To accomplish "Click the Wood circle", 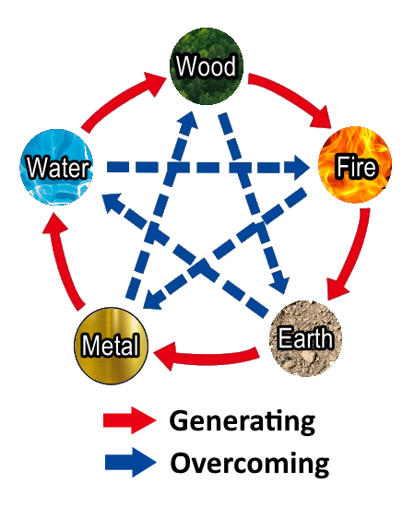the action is coord(207,66).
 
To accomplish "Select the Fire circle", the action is coord(355,165).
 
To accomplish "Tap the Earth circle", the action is coord(305,338).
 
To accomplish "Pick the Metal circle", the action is coord(111,346).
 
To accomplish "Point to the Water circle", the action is coord(56,168).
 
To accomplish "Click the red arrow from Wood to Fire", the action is coord(292,95).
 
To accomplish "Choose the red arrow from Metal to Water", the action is coord(62,262).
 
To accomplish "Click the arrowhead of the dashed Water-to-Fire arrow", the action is coord(302,168).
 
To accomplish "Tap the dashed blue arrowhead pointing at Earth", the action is coord(279,284).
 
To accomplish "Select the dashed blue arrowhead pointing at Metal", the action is coord(152,300).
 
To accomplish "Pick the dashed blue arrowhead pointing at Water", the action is coord(112,203).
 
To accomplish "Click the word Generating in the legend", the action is coord(243,421).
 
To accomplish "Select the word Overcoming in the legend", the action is coord(250,464).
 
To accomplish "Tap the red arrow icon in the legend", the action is coord(130,420).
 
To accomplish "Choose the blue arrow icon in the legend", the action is coord(131,462).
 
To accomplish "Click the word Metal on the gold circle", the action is coord(111,345).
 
